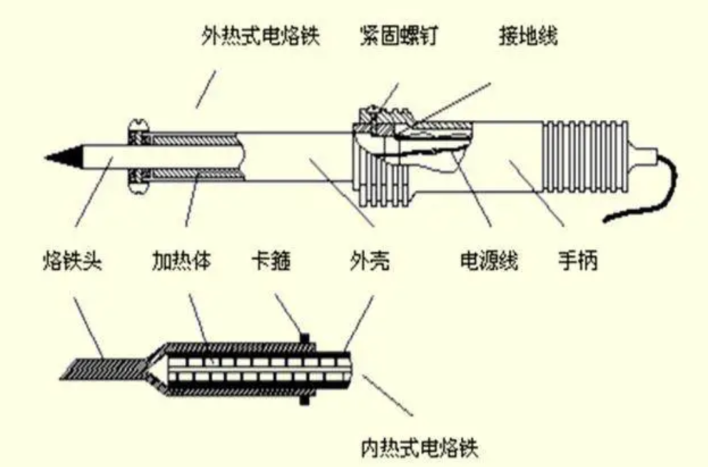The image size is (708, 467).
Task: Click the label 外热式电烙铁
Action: click(x=260, y=36)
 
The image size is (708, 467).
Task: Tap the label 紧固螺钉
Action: click(x=398, y=36)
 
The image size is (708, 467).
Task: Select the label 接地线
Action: click(x=528, y=36)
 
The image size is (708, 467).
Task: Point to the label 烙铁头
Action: click(x=71, y=261)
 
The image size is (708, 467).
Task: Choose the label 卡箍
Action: click(x=271, y=261)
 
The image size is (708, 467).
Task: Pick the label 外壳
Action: click(x=369, y=261)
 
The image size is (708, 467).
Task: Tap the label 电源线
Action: click(x=489, y=261)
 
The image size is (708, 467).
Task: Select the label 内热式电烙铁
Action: click(x=420, y=448)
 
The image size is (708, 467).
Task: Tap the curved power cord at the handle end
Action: click(x=656, y=190)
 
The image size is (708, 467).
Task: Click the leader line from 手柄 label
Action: click(x=538, y=196)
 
